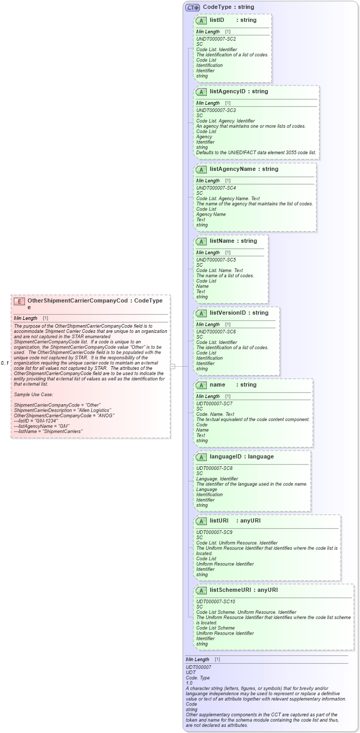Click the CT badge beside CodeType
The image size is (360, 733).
click(x=193, y=7)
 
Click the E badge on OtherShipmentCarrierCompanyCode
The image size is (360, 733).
click(x=19, y=301)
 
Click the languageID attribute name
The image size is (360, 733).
click(x=227, y=456)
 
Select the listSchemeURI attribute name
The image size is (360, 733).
click(x=230, y=590)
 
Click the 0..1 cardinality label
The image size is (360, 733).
click(x=5, y=363)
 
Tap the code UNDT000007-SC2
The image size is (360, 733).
click(x=216, y=39)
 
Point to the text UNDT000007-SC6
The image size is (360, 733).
click(x=216, y=332)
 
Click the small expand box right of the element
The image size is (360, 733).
click(x=172, y=366)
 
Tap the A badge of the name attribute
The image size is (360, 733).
click(x=201, y=385)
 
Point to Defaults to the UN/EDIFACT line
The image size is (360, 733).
click(x=256, y=152)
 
